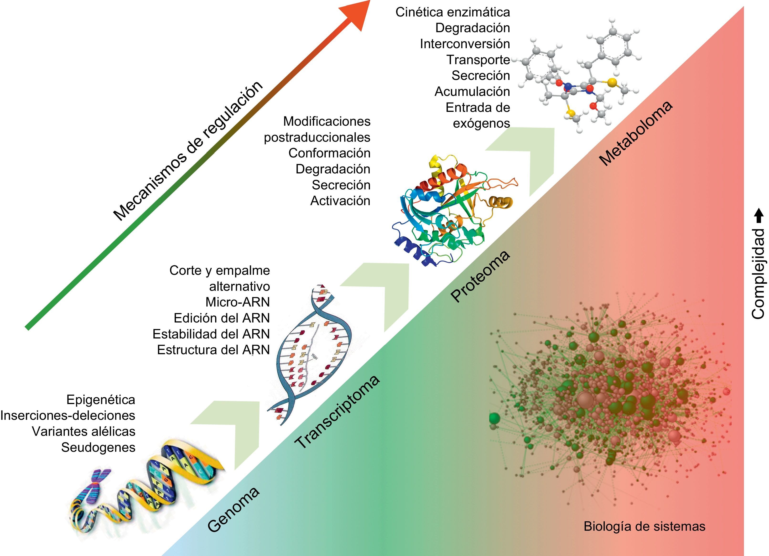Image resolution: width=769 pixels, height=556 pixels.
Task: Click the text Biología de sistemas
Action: pos(644,526)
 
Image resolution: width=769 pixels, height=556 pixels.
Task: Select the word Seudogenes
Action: pos(98,447)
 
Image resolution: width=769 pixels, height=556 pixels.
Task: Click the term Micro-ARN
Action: pos(237,302)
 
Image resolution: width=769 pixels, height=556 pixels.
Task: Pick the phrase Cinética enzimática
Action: pos(453,12)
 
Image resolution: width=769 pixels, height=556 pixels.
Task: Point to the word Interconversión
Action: pos(465,44)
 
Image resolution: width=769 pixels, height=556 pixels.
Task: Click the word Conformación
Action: pos(329,153)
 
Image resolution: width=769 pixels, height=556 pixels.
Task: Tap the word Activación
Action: pos(340,201)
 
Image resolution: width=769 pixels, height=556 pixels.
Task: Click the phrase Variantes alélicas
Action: pos(83,431)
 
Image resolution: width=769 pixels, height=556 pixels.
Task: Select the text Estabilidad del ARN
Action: pos(211,334)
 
